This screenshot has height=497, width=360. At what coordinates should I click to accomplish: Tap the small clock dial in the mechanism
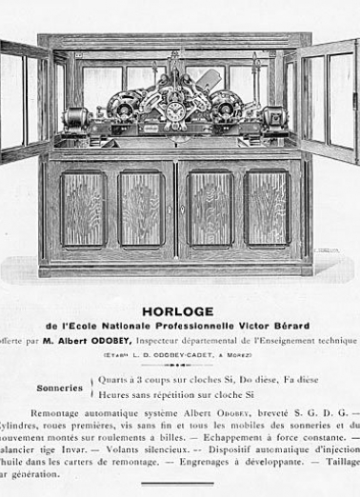point(176,113)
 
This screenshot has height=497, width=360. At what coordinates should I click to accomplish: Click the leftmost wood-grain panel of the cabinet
point(84,209)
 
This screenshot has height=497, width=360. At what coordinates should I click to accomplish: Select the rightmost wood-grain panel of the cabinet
point(268,209)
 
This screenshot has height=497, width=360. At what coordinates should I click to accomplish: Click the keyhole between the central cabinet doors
point(178,209)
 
